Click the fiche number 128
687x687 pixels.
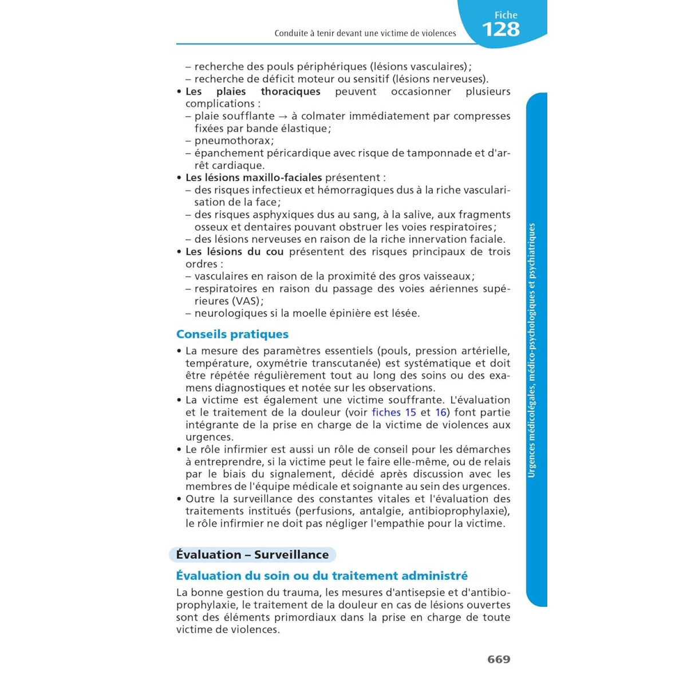point(500,29)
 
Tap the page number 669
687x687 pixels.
point(499,659)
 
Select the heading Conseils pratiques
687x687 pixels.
point(232,334)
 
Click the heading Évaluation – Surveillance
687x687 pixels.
point(252,554)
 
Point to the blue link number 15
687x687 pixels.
point(410,412)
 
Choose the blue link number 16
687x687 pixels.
point(441,412)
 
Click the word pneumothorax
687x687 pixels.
point(232,140)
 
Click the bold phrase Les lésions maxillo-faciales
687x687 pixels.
point(254,177)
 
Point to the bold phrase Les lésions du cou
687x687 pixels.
point(235,251)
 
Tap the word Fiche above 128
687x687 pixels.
point(506,15)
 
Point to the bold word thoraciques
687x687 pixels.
point(290,92)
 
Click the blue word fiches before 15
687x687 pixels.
point(386,412)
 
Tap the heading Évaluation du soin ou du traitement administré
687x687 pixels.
point(322,575)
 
